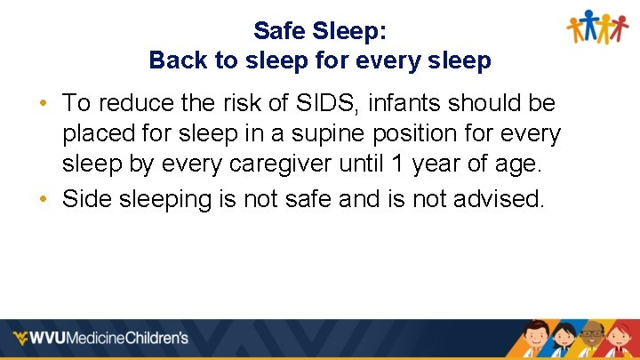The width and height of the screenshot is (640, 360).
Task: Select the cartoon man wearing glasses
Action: coord(591,340)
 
